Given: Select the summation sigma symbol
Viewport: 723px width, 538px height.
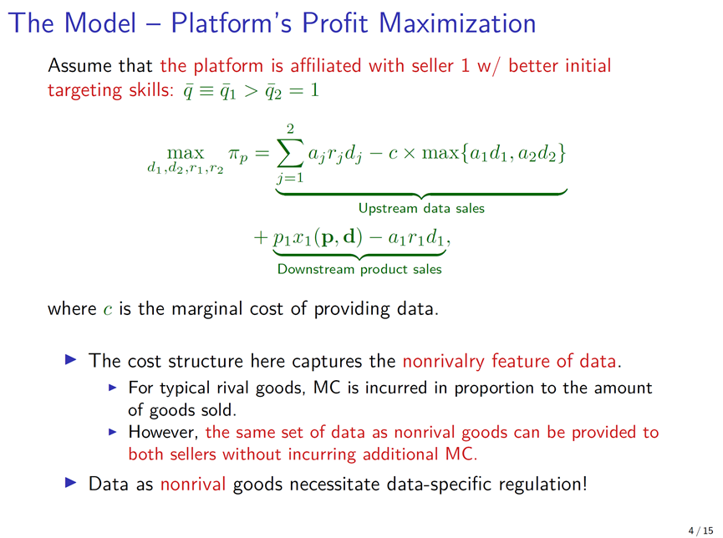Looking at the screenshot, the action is click(290, 153).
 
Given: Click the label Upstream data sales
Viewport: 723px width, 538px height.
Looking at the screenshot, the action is click(421, 208).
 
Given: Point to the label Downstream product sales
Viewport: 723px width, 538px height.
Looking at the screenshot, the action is click(359, 269).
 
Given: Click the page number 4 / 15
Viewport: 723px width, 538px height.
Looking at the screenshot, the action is click(701, 530).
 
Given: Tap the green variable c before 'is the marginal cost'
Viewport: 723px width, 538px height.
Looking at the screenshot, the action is click(108, 309).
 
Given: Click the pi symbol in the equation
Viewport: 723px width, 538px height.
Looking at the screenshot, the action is click(237, 154).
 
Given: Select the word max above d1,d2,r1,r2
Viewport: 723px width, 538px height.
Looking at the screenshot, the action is click(186, 153).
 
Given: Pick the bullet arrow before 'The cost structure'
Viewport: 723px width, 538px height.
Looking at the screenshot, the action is click(71, 359).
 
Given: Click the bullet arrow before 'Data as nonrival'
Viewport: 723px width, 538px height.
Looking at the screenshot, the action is click(71, 483).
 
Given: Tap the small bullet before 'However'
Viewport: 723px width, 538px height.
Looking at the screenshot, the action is click(113, 432).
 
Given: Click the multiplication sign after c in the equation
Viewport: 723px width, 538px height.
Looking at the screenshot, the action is click(409, 153).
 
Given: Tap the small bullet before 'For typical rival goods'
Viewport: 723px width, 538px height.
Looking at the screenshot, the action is click(113, 388).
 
